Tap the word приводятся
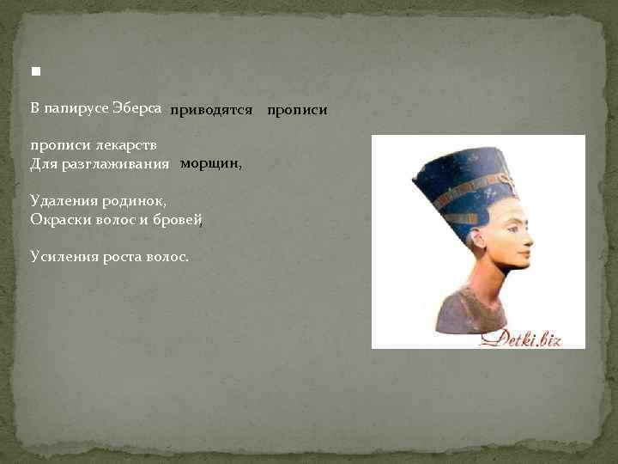pos(210,110)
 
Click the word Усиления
pos(61,256)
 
